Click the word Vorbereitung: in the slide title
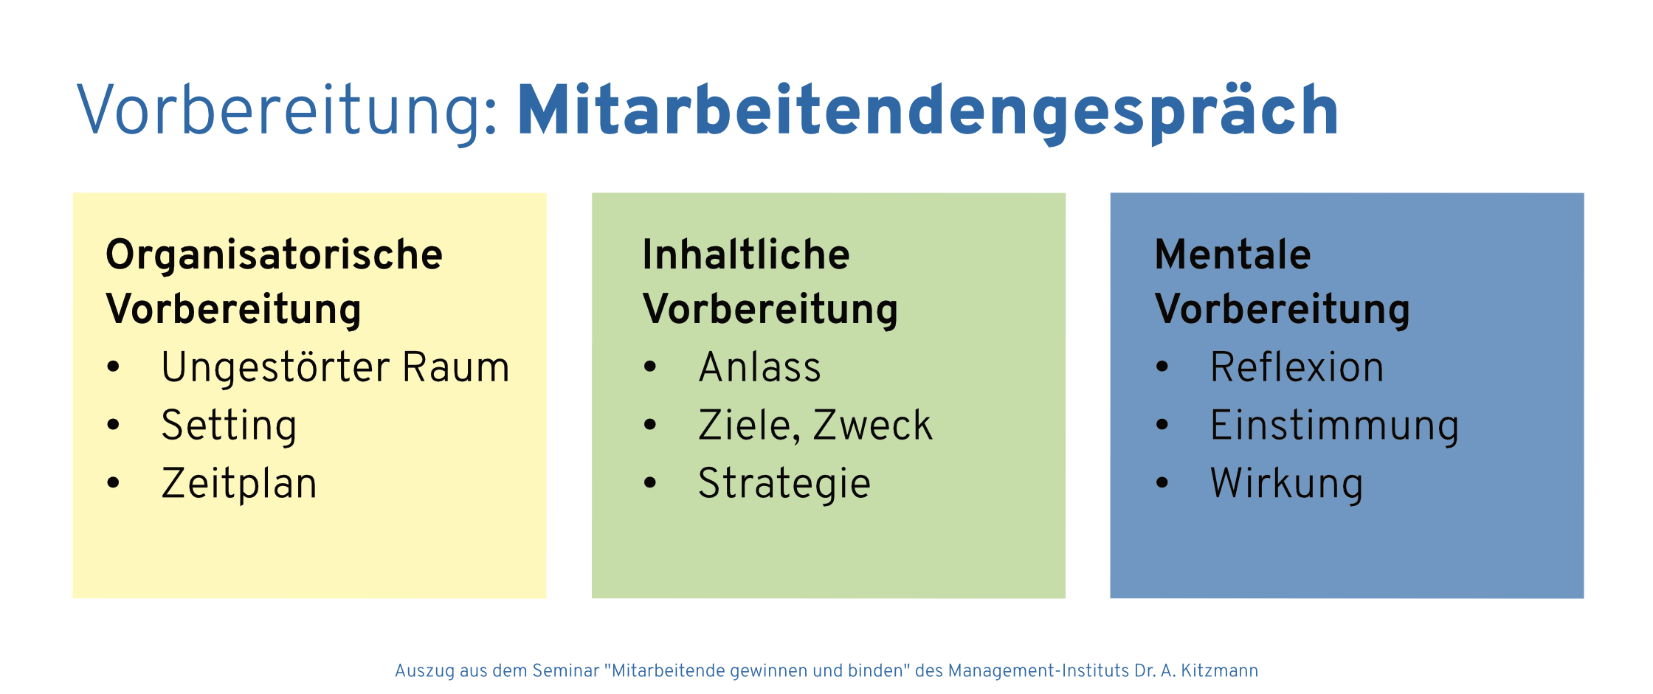[x=288, y=111]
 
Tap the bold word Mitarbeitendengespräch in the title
[x=928, y=111]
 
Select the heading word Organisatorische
[x=274, y=255]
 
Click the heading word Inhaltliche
[x=746, y=254]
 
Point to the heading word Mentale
[x=1232, y=254]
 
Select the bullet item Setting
[x=229, y=426]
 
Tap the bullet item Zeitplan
[x=239, y=484]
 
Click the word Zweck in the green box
[x=873, y=426]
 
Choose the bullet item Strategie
[x=784, y=484]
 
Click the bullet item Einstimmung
[x=1334, y=426]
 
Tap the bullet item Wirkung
[x=1286, y=484]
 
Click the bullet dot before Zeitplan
[x=113, y=483]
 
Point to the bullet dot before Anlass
[x=650, y=366]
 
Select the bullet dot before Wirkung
[x=1162, y=483]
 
